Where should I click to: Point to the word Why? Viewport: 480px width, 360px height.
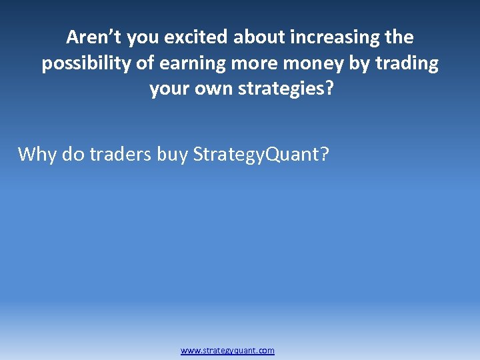click(x=37, y=155)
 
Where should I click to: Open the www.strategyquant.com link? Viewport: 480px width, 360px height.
click(x=227, y=351)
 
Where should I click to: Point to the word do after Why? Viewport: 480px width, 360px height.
click(x=73, y=155)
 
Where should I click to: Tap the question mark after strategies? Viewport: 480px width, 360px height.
click(x=326, y=89)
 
